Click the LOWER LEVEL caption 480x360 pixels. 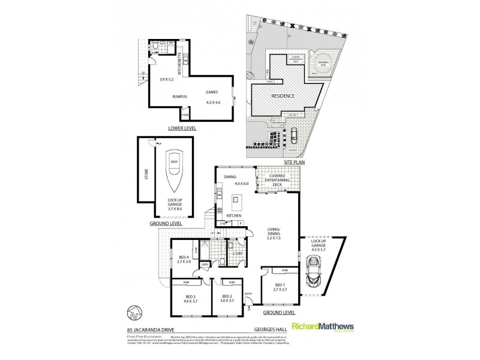(182, 128)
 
